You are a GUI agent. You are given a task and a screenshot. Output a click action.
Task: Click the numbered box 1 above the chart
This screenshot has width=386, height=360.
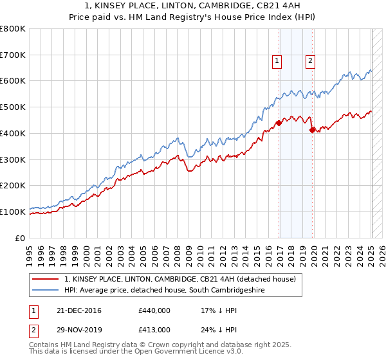click(x=277, y=61)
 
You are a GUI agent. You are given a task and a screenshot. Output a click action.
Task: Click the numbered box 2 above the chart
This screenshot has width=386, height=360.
click(x=310, y=61)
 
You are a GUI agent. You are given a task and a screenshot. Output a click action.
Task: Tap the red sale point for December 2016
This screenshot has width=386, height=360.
click(x=279, y=123)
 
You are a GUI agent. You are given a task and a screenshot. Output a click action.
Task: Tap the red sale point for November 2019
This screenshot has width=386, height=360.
click(x=312, y=130)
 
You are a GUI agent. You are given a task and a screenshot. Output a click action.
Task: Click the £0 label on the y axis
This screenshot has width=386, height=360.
click(x=19, y=238)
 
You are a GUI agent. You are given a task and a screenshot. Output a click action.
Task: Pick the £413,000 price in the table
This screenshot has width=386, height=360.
click(x=154, y=329)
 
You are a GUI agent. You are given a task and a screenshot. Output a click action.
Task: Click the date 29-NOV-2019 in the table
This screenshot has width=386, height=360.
click(x=79, y=329)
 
